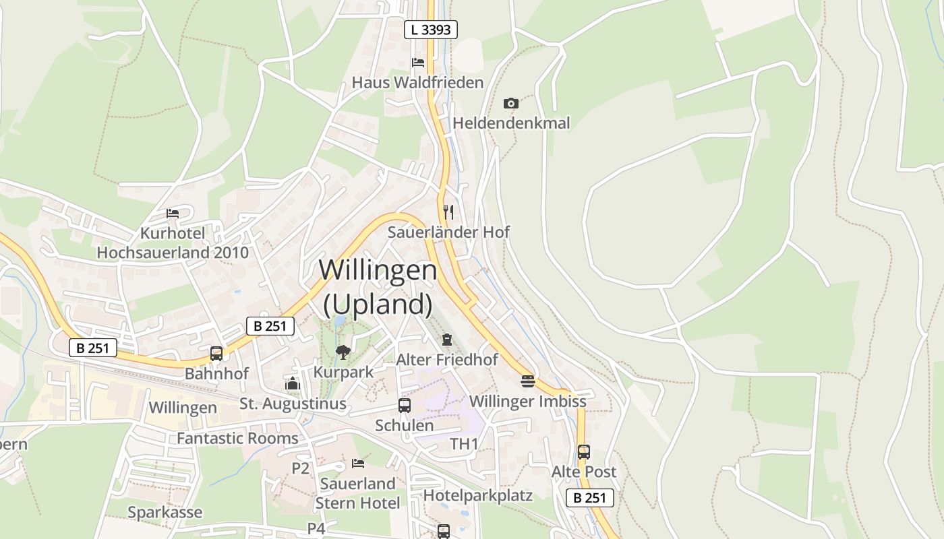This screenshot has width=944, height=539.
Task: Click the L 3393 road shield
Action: click(x=431, y=30)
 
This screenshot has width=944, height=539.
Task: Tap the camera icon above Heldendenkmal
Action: click(x=511, y=103)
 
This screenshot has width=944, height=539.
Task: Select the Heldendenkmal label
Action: click(x=511, y=123)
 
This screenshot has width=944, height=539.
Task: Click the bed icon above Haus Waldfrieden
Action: click(x=418, y=63)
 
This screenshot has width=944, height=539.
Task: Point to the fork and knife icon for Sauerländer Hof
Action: click(x=448, y=212)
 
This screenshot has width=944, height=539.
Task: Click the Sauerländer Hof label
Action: click(x=448, y=232)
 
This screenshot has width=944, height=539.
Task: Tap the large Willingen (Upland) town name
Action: click(x=378, y=287)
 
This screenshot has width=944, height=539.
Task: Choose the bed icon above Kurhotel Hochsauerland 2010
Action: click(x=173, y=214)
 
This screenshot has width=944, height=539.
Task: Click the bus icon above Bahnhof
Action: click(x=216, y=353)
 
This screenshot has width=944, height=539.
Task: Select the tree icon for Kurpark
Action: click(x=343, y=352)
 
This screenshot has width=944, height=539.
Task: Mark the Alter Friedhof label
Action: click(x=447, y=360)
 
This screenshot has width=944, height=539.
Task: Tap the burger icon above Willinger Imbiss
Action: click(x=528, y=381)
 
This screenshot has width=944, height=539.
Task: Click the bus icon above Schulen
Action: click(x=405, y=406)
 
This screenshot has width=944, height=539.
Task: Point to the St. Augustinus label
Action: click(x=293, y=404)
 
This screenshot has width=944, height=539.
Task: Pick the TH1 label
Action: click(x=464, y=444)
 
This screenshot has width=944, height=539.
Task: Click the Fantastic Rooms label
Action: click(x=237, y=439)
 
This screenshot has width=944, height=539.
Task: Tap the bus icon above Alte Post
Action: click(x=584, y=452)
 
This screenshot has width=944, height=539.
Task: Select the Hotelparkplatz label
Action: click(x=478, y=496)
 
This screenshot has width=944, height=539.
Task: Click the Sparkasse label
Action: click(x=165, y=513)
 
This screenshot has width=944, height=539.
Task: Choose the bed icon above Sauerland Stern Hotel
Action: click(x=358, y=464)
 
